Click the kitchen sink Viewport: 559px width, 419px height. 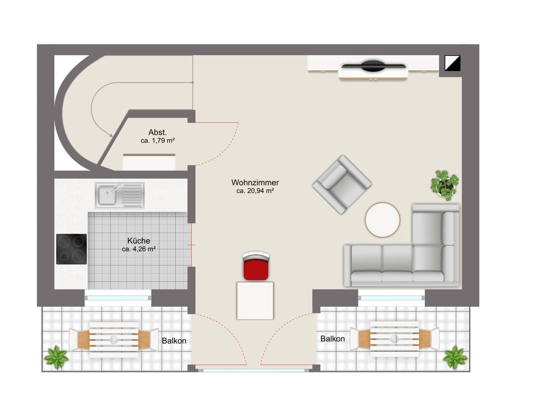(119, 195)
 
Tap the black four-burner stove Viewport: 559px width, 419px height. (71, 249)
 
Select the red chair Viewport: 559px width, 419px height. (256, 266)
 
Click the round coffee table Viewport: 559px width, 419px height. (382, 220)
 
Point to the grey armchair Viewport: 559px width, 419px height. (342, 185)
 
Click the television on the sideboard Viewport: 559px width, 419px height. (373, 65)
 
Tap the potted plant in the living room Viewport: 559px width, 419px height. (445, 185)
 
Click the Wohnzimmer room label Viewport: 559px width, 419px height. (255, 182)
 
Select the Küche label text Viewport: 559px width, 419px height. (138, 240)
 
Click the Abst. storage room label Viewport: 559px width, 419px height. (157, 132)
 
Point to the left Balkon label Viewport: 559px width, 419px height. (174, 340)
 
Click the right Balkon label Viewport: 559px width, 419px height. (332, 339)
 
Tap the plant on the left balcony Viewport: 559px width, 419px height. (56, 357)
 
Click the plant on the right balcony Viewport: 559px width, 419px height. (455, 357)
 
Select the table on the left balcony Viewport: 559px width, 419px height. (114, 340)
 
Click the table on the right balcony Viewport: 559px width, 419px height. (394, 339)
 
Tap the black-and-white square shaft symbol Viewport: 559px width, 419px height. (452, 63)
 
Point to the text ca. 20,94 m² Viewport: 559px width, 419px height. (255, 191)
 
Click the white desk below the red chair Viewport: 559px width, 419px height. (255, 300)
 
